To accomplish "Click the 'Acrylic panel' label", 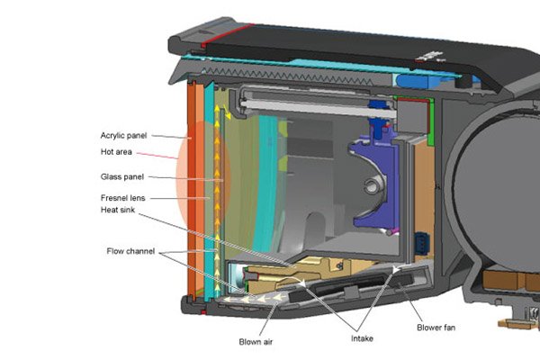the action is click(123, 136).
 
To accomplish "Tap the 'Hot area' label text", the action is click(116, 152).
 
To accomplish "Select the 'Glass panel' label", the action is click(121, 177).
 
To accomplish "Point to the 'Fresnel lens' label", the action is click(123, 198).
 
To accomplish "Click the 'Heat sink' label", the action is click(117, 210).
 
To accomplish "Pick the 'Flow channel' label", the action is click(130, 251).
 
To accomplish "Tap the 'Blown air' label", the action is click(256, 342).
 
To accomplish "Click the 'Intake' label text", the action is click(362, 338).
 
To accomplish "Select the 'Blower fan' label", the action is click(436, 328).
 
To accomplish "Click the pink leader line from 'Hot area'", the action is click(157, 156).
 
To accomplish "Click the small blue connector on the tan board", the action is click(421, 243).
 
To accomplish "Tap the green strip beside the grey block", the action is click(431, 121).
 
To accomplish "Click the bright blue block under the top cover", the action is click(412, 82).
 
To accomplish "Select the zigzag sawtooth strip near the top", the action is click(289, 76).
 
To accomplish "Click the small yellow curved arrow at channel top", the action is click(227, 112).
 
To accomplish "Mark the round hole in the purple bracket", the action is click(370, 187).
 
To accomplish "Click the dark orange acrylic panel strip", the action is click(192, 190).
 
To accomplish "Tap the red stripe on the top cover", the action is click(228, 34).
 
